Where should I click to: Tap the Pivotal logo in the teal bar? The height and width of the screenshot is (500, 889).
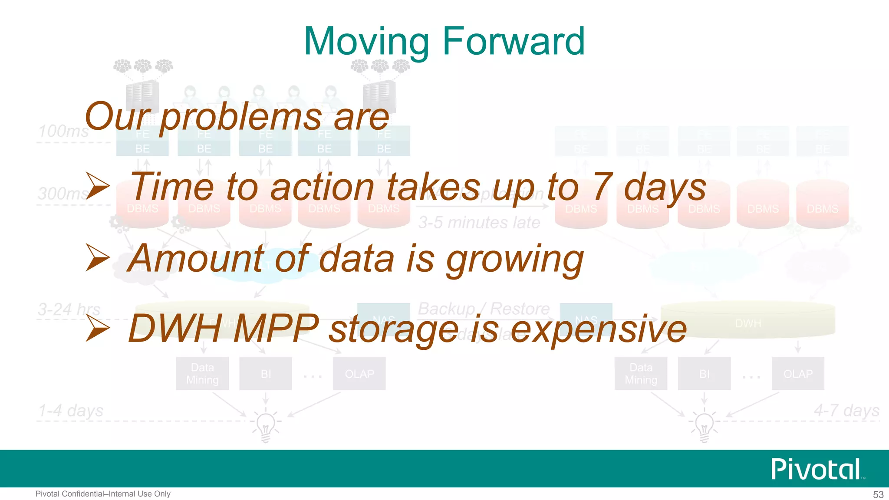(x=816, y=469)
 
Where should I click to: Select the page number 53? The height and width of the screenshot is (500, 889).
(x=878, y=494)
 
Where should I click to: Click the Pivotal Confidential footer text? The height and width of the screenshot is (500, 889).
(x=103, y=494)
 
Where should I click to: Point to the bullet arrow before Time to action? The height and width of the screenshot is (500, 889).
(x=97, y=186)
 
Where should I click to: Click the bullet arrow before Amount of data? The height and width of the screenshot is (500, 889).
(x=97, y=257)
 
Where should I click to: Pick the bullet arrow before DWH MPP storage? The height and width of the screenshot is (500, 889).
(x=97, y=328)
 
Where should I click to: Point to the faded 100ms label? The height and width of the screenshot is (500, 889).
(x=64, y=131)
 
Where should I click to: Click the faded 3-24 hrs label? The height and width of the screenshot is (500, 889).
(x=69, y=309)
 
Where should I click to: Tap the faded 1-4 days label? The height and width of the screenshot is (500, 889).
(x=71, y=410)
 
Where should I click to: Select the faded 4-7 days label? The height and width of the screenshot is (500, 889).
(x=846, y=410)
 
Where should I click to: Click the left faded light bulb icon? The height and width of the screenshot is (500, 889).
(x=266, y=425)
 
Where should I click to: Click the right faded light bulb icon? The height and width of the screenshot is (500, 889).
(x=704, y=425)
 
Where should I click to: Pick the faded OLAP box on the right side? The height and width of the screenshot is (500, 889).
(x=798, y=374)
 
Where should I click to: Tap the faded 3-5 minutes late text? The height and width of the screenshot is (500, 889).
(x=479, y=223)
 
